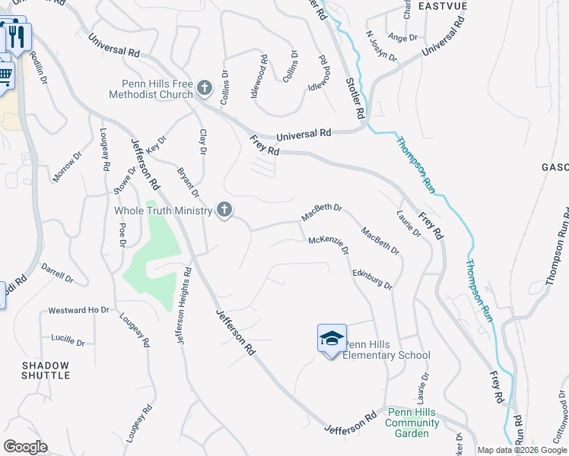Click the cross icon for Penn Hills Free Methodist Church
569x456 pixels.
click(204, 88)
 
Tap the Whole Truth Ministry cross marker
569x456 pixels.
click(224, 210)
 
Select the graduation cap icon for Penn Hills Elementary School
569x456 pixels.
click(332, 337)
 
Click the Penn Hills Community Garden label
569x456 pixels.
click(412, 423)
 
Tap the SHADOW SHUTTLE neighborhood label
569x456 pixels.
click(46, 370)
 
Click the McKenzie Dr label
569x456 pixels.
click(329, 245)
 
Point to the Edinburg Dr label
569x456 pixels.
click(372, 278)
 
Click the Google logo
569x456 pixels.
click(24, 447)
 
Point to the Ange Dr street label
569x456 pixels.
click(403, 36)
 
